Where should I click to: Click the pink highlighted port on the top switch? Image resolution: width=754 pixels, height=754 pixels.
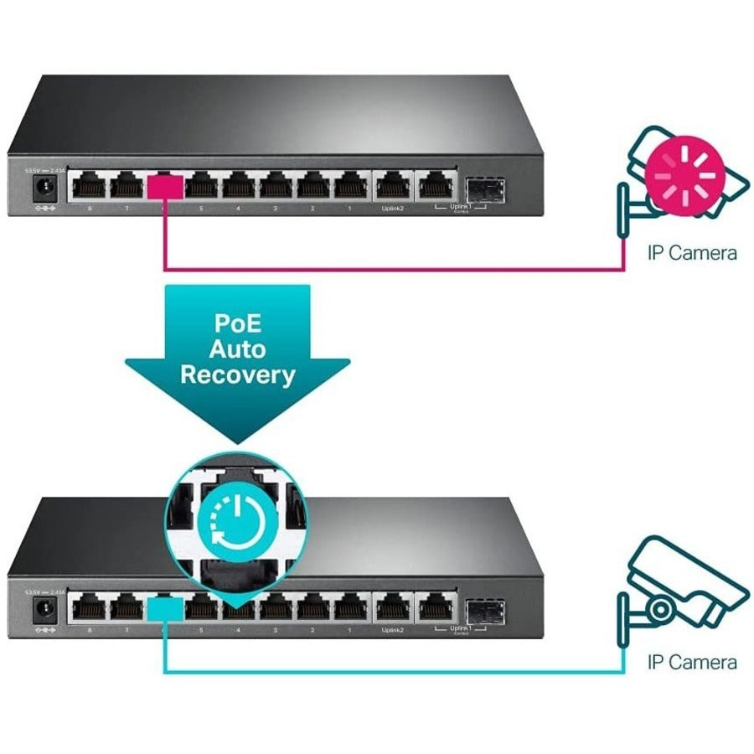164,185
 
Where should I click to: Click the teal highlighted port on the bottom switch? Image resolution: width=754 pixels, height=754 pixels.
164,606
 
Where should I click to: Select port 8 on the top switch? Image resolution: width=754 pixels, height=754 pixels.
89,185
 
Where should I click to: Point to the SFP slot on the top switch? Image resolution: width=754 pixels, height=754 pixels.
484,188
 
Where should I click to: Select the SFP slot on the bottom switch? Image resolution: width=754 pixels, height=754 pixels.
484,608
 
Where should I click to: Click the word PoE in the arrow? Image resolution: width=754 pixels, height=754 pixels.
238,322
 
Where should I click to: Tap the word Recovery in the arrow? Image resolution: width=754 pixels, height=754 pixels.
238,374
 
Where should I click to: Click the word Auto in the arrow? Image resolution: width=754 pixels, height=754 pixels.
238,348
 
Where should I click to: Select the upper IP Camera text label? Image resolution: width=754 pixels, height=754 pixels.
692,252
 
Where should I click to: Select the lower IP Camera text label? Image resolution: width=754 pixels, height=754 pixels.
692,662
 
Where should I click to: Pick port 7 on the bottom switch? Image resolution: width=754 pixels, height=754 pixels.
127,606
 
